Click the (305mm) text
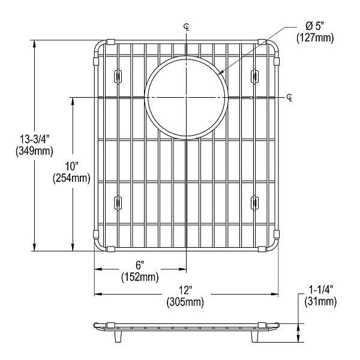(185, 301)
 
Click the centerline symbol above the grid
(187, 26)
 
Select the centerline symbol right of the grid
(290, 97)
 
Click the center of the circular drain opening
(187, 97)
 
